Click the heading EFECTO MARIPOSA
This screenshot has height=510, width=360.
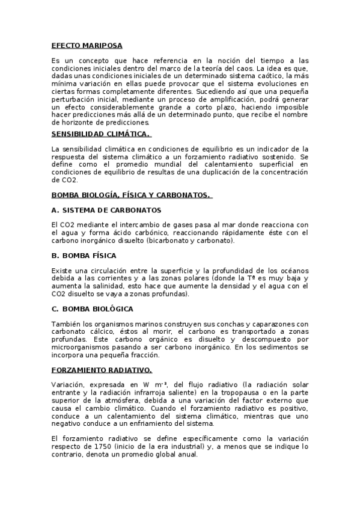click(x=87, y=45)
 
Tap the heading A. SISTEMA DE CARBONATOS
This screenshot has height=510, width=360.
click(x=106, y=210)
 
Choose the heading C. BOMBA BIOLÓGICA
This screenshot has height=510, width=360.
click(x=92, y=309)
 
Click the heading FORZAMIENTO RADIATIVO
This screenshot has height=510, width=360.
click(x=101, y=369)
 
